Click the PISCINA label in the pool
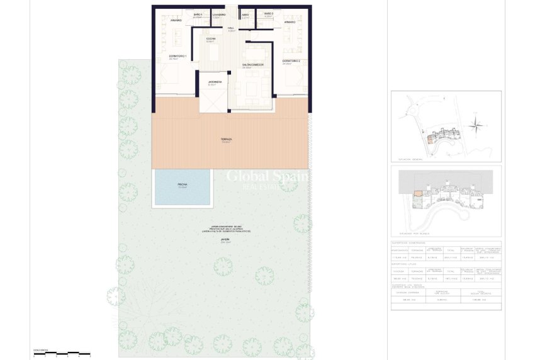[183, 185]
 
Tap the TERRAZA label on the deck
[227, 140]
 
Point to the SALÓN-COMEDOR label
[253, 65]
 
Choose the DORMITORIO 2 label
[291, 62]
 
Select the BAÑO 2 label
[269, 14]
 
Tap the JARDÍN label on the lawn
[225, 240]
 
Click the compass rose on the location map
[477, 123]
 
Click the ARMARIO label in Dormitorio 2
[290, 22]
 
